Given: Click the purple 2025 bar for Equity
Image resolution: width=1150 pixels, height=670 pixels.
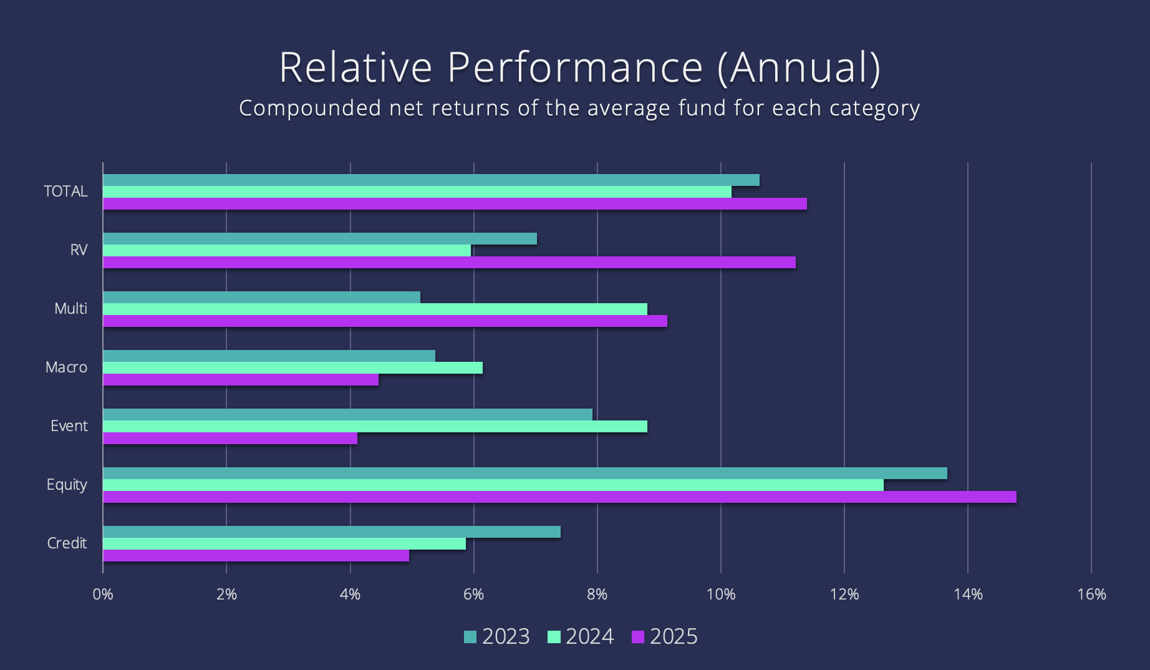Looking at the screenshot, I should pyautogui.click(x=559, y=497).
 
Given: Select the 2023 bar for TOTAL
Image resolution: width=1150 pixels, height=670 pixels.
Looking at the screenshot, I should pyautogui.click(x=431, y=180).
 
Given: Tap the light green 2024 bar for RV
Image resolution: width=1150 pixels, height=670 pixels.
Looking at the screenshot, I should pyautogui.click(x=287, y=251).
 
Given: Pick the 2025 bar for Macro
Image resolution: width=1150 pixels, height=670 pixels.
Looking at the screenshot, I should pyautogui.click(x=240, y=380).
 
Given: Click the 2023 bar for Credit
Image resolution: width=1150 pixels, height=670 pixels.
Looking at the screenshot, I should pyautogui.click(x=331, y=532).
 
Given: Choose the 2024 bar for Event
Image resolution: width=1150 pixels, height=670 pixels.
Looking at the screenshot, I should pyautogui.click(x=375, y=427).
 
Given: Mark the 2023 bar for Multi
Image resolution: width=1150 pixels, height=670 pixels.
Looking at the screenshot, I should pyautogui.click(x=261, y=298).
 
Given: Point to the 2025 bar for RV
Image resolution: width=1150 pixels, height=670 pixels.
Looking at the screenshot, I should pyautogui.click(x=449, y=263).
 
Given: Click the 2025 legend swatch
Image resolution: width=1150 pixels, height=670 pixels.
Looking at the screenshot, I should pyautogui.click(x=637, y=637).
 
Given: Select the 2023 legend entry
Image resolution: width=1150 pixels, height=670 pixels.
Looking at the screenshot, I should pyautogui.click(x=496, y=637).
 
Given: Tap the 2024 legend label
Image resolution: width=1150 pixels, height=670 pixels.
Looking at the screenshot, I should pyautogui.click(x=589, y=637).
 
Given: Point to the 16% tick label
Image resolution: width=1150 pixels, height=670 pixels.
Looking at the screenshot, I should pyautogui.click(x=1091, y=595).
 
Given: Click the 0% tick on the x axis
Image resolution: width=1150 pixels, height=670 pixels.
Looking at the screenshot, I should pyautogui.click(x=103, y=595).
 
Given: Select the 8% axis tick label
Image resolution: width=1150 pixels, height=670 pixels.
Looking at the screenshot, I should pyautogui.click(x=597, y=595).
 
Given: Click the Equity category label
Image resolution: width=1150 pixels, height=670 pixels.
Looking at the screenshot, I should pyautogui.click(x=67, y=485).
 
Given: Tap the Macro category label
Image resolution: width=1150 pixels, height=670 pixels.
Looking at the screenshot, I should pyautogui.click(x=66, y=367).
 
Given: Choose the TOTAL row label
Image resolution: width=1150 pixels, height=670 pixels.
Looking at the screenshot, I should pyautogui.click(x=65, y=192).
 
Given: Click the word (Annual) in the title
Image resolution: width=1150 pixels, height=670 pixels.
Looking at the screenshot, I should pyautogui.click(x=799, y=67).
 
